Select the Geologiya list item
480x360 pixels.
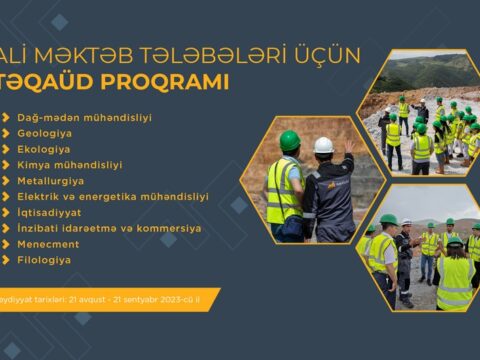[46, 133]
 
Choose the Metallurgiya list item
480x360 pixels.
[52, 181]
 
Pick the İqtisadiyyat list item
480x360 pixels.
[51, 212]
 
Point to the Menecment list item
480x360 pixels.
[49, 244]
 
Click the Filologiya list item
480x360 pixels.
[44, 260]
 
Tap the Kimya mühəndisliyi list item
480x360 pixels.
[69, 165]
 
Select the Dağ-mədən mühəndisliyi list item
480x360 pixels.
[84, 117]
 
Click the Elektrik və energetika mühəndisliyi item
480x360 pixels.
[113, 197]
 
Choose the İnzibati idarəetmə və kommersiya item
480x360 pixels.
[109, 228]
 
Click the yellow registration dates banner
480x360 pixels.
[105, 298]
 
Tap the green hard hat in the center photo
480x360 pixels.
[290, 140]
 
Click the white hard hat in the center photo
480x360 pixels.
[323, 145]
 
